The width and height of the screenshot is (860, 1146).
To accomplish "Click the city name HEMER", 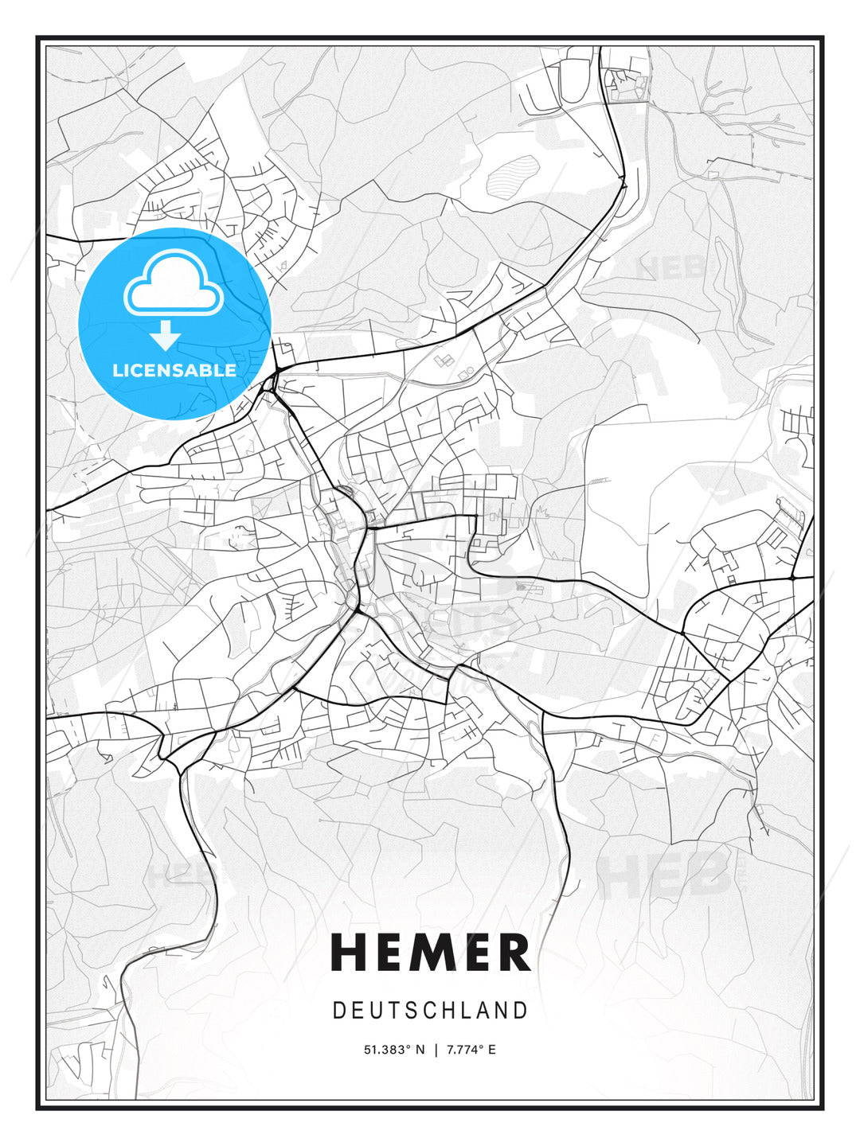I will [x=430, y=953].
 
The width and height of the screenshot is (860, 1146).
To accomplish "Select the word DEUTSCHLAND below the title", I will [x=430, y=1011].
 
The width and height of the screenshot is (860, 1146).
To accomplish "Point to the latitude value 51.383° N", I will [x=394, y=1050].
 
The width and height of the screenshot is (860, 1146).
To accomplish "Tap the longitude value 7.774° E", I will [x=471, y=1050].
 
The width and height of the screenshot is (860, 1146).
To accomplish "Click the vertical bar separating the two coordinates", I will [x=436, y=1050].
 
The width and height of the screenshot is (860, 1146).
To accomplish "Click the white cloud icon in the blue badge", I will [x=172, y=284].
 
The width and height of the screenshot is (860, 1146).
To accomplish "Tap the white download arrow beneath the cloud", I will [x=166, y=336].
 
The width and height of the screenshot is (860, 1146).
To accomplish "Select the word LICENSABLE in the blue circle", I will [x=174, y=370].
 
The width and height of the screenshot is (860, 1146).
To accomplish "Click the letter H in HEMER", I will [x=347, y=953].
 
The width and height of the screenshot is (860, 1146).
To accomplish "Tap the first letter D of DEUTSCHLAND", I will [x=338, y=1011].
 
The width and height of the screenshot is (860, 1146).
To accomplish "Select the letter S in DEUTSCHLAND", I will [x=413, y=1011].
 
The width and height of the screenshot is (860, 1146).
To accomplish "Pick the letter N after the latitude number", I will [x=420, y=1050].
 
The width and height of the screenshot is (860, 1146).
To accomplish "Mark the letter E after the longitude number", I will [x=491, y=1050].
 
